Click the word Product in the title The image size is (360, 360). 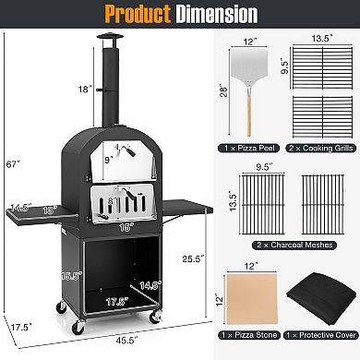coord(138,14)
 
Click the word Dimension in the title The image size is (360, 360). coord(217,14)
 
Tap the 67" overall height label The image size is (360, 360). coord(13,164)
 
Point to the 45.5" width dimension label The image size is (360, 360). coord(126,341)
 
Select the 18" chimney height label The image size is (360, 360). coord(85,90)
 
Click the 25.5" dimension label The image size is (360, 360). coord(193,258)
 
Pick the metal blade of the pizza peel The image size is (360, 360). coord(249,66)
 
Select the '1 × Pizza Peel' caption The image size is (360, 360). coord(249,149)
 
